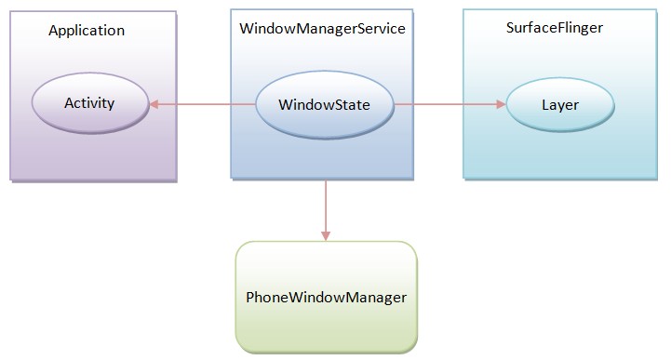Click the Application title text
(86, 30)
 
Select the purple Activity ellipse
(89, 102)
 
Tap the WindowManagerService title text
(321, 29)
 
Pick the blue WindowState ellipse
(324, 104)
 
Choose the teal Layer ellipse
(559, 105)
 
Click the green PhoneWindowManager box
(326, 297)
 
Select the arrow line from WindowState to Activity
(205, 104)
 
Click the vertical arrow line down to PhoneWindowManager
(326, 205)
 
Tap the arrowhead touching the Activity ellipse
(155, 104)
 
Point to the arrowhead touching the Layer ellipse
(500, 104)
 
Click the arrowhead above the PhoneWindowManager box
(326, 235)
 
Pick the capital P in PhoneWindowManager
(250, 298)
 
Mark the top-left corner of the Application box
(11, 12)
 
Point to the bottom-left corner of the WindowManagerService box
(231, 178)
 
